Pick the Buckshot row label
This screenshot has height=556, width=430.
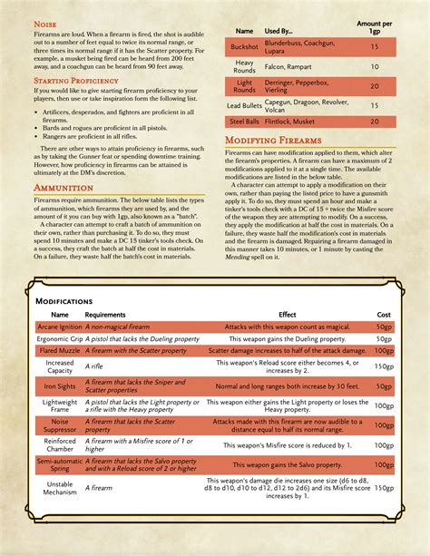[243, 44]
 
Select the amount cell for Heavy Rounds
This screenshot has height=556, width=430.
[374, 66]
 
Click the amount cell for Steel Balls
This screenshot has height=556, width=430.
[374, 121]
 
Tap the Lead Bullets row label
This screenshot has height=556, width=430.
[243, 104]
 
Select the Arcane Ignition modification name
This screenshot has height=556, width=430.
[60, 326]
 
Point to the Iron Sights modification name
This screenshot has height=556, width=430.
[60, 386]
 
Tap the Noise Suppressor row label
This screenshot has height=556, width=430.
[60, 424]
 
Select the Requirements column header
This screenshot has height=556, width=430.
[105, 314]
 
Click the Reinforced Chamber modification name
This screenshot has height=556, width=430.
[60, 445]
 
